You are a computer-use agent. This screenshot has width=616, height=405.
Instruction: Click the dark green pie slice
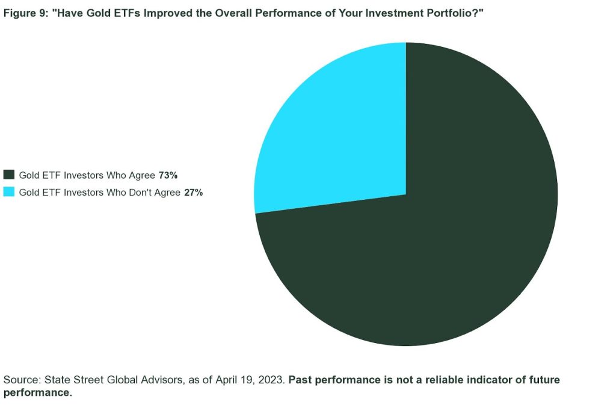point(432,244)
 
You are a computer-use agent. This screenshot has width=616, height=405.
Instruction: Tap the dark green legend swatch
point(8,175)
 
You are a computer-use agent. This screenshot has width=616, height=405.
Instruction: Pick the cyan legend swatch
point(8,192)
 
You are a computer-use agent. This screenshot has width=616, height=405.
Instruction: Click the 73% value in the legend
point(168,175)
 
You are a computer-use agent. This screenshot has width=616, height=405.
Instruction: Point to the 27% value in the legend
point(193,193)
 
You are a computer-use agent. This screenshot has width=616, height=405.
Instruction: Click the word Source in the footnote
point(22,380)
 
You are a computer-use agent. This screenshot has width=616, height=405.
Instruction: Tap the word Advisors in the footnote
point(162,380)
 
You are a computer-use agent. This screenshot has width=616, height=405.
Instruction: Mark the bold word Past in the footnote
point(300,380)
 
